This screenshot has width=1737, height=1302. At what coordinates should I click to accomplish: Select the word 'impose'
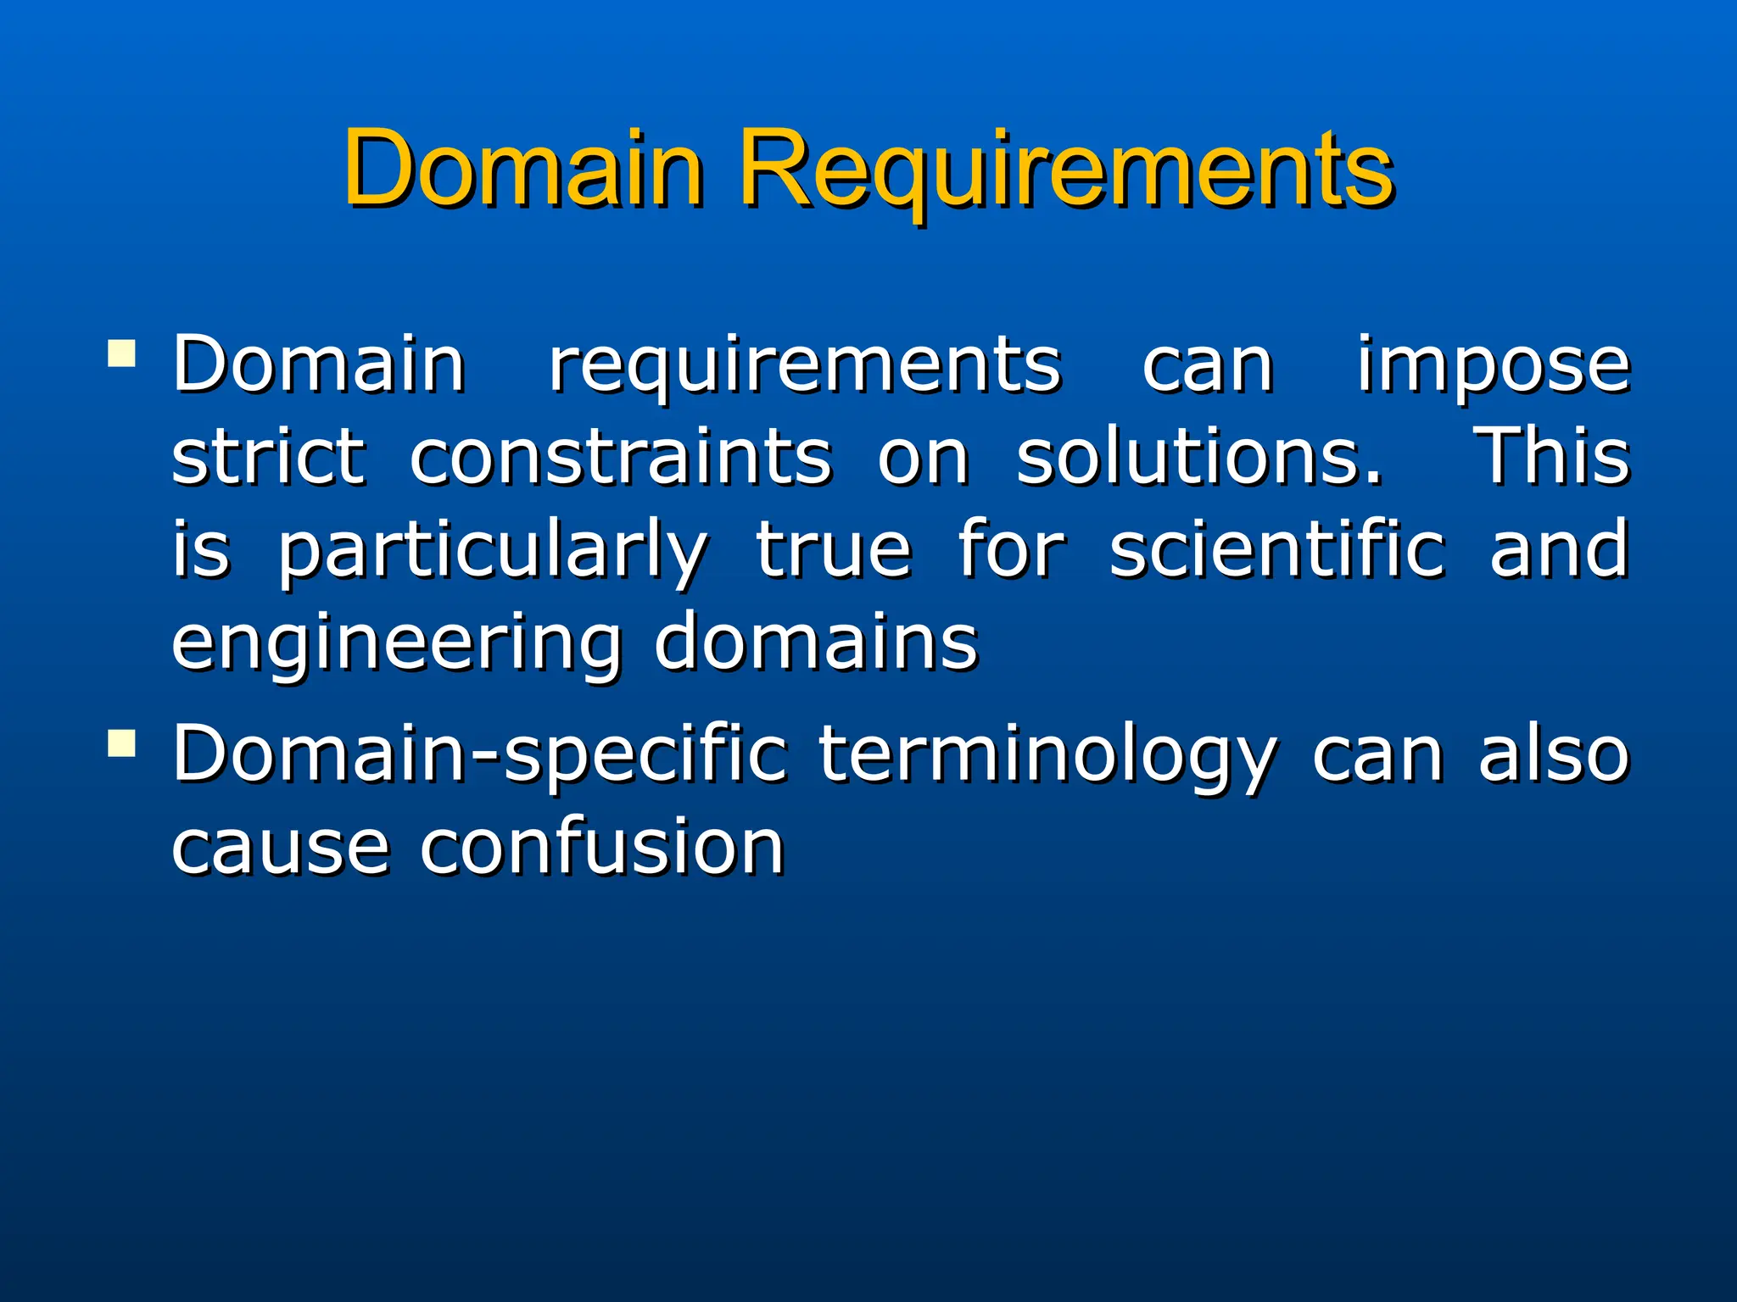point(1493,366)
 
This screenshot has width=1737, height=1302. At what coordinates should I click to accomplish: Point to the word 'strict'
point(269,458)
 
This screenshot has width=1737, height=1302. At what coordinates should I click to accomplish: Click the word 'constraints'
point(621,458)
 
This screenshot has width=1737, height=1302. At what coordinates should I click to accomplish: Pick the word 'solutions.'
point(1199,458)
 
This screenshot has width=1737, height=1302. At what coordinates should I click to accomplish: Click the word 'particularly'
point(493,553)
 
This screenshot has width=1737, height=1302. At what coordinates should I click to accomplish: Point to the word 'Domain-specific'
point(480,754)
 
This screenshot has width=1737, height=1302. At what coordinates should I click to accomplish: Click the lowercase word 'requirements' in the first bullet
point(805,366)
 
